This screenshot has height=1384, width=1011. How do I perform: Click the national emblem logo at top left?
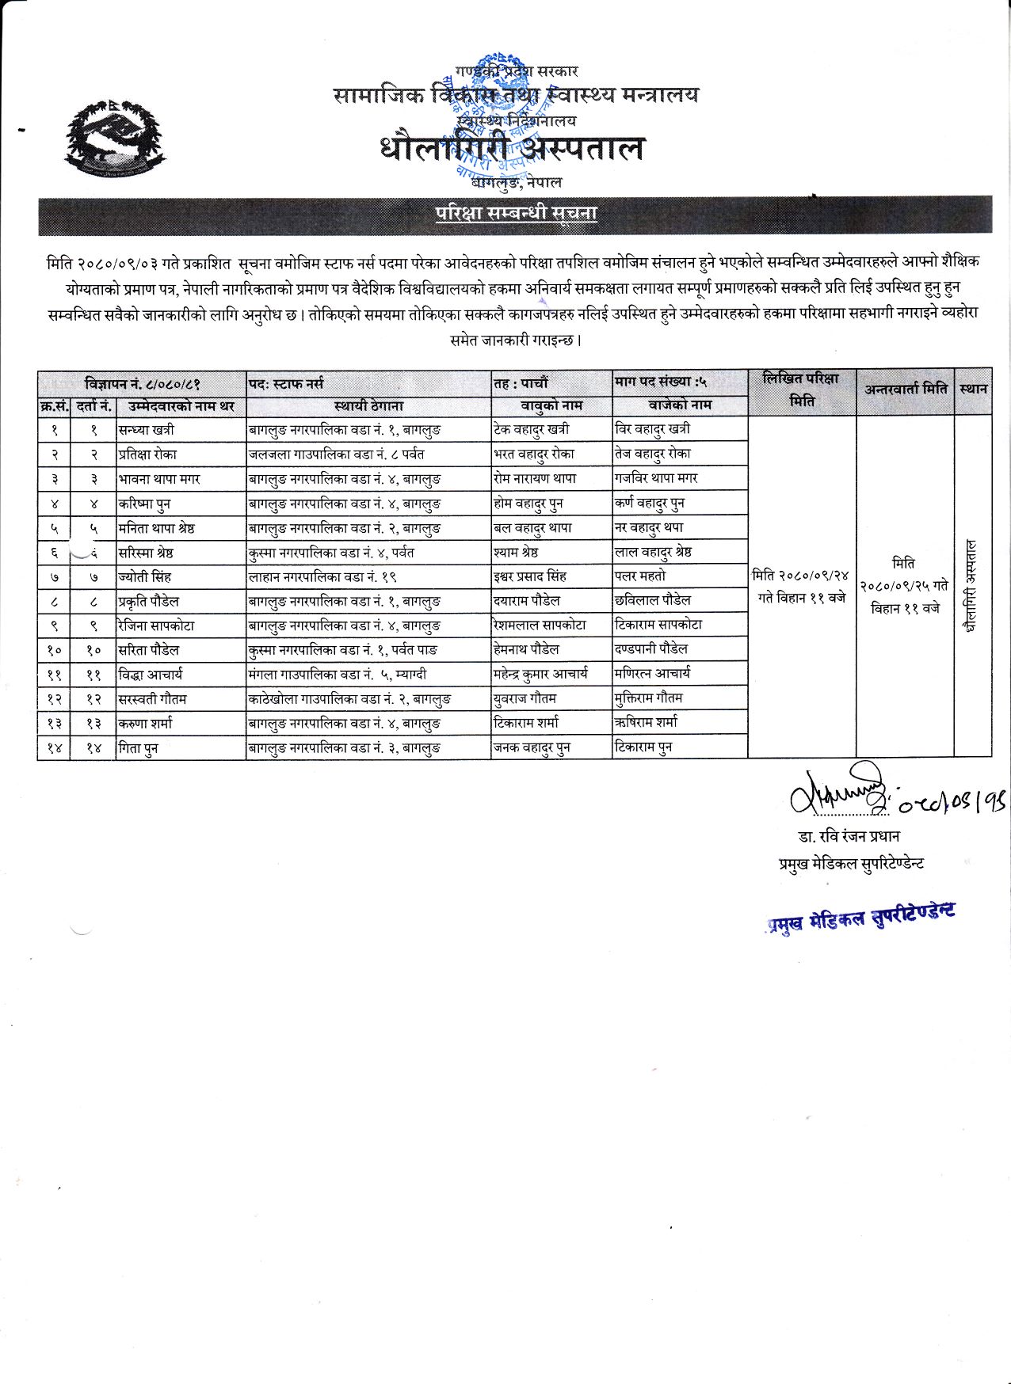pos(117,139)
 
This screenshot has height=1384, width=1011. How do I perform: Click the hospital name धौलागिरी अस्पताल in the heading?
pos(512,149)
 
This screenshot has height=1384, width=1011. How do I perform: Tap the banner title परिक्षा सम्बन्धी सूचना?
pos(516,213)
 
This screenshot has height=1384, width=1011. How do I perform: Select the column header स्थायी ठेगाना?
pos(368,406)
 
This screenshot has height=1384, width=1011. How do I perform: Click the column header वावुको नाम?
pos(551,405)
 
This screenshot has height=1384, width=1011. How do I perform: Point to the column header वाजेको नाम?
pos(680,405)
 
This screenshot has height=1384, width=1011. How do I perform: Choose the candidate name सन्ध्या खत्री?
pos(147,430)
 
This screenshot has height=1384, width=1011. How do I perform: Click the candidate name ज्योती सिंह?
pos(145,577)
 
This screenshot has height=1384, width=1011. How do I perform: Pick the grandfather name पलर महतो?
pos(640,576)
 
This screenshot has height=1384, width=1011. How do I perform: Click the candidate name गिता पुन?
pos(139,747)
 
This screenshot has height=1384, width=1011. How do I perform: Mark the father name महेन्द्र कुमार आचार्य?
pos(540,674)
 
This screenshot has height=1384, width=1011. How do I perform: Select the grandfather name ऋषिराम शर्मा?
pos(646,722)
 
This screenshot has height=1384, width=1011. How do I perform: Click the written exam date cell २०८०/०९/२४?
pos(801,587)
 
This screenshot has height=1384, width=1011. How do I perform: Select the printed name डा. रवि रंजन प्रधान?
pos(849,837)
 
